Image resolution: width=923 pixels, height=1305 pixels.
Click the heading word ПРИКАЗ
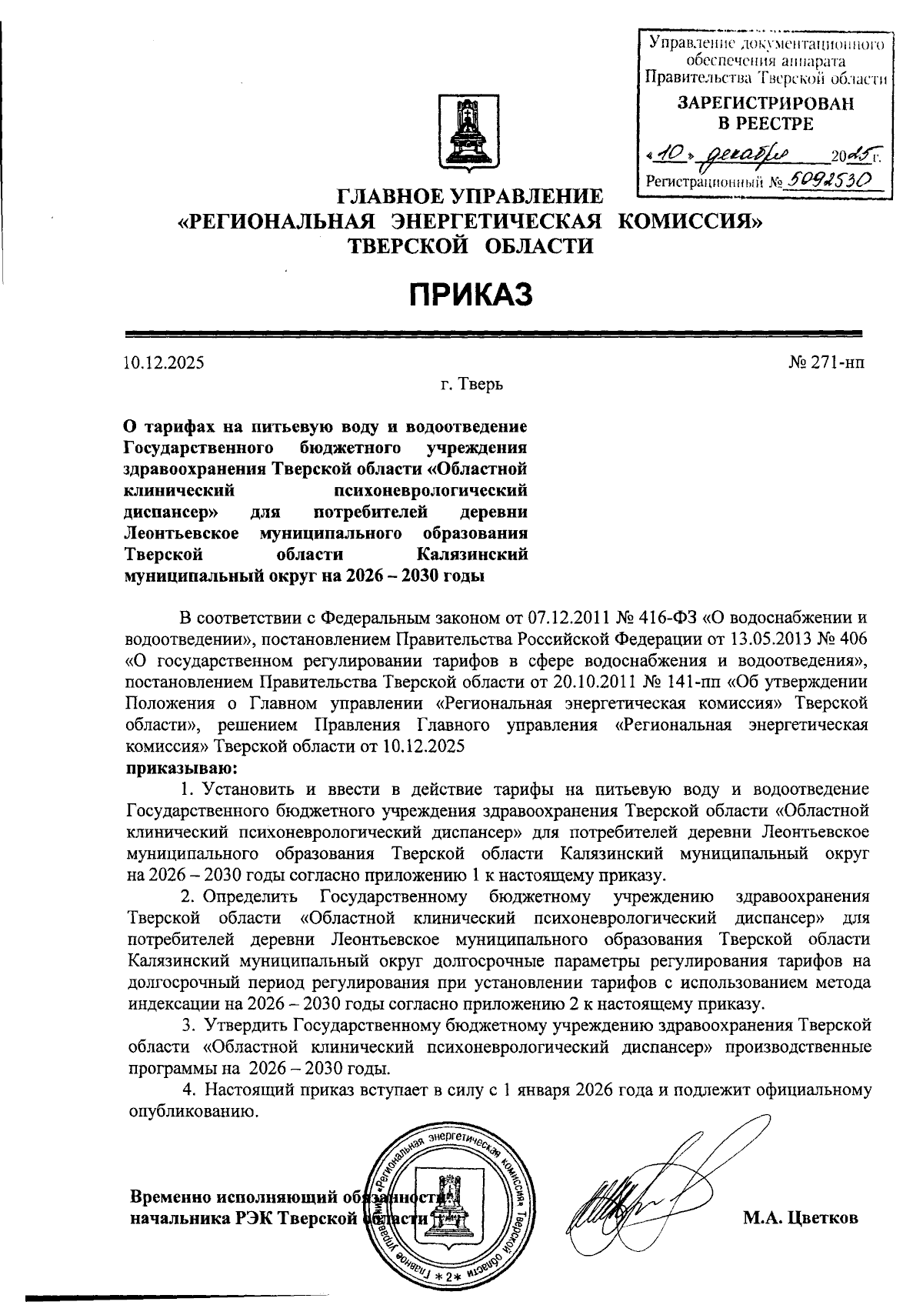click(470, 295)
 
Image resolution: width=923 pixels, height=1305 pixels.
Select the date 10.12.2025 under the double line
click(164, 361)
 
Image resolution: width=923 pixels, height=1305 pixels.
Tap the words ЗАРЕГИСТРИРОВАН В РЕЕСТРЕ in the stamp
click(765, 113)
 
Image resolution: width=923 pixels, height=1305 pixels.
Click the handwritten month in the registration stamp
click(741, 156)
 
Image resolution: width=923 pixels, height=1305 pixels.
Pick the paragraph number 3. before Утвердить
click(188, 1025)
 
